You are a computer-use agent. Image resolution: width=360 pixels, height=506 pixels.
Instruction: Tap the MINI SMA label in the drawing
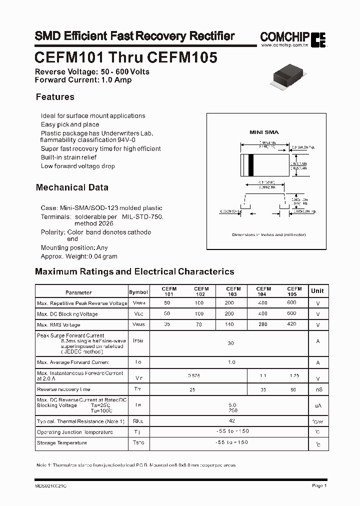tap(264, 132)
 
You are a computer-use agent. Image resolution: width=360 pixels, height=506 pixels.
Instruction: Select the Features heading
tap(55, 97)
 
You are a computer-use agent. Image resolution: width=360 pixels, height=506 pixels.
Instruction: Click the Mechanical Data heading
tap(72, 187)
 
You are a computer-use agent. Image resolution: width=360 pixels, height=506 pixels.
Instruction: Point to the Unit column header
tap(317, 291)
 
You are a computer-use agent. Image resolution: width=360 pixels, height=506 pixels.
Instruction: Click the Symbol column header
tap(138, 292)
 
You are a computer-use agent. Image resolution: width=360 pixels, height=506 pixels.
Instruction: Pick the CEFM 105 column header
tap(294, 291)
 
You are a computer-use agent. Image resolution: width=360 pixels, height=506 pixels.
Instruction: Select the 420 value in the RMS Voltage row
tap(291, 324)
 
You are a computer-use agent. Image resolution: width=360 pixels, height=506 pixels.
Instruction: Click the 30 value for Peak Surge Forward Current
tap(230, 343)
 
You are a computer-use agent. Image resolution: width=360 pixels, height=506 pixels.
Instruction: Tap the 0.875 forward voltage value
tap(193, 375)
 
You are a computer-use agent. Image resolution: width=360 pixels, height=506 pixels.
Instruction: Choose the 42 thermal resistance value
tap(231, 421)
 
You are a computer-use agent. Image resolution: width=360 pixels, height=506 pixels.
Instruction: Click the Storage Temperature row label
tap(61, 443)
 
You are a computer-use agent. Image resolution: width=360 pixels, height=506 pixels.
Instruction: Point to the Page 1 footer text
tap(319, 485)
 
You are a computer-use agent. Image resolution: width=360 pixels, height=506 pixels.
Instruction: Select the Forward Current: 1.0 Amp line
tap(83, 79)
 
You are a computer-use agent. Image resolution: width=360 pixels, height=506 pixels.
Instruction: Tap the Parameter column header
tap(78, 292)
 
